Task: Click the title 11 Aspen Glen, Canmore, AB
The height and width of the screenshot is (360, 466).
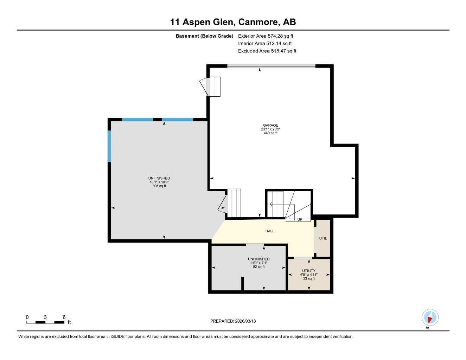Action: tap(233, 22)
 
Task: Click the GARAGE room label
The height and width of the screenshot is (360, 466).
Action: tap(270, 126)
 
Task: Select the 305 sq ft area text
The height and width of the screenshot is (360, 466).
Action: tap(159, 186)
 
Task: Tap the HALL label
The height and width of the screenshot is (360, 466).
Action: tap(270, 231)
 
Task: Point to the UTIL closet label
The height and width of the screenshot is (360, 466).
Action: tap(323, 238)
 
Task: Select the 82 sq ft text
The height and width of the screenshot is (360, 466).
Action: tap(258, 267)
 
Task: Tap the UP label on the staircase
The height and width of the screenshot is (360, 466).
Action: tap(300, 220)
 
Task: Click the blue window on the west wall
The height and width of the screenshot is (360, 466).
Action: tap(109, 146)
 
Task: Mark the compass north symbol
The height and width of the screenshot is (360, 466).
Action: tap(430, 317)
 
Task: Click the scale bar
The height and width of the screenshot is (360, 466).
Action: tap(45, 322)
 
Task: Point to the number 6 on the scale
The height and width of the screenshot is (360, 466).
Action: tap(64, 317)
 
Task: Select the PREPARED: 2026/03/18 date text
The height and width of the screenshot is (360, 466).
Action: tap(233, 321)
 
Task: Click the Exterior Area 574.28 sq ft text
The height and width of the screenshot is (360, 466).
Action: tap(266, 36)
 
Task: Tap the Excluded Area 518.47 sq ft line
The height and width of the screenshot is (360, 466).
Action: tap(267, 51)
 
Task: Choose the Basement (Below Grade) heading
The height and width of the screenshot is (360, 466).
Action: tap(204, 36)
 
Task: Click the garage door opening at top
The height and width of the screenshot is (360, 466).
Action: tap(271, 66)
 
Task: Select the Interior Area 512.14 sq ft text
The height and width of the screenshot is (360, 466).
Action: tap(265, 44)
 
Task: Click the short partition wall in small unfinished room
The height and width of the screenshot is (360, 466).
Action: tap(242, 284)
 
